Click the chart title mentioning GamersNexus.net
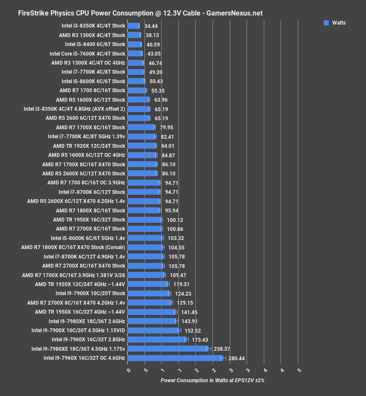coord(140,13)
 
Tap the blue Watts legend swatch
coord(326,23)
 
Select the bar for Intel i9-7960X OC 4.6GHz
coord(176,358)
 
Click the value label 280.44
coord(237,358)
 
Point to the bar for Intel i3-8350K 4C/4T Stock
coord(133,26)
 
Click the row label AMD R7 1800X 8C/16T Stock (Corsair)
coord(73,247)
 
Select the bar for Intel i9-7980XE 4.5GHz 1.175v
coord(168,349)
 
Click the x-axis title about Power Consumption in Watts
coord(213,380)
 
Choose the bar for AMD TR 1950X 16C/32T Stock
coord(145,220)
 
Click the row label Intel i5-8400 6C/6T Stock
coord(95,44)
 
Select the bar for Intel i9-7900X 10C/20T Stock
coord(149,293)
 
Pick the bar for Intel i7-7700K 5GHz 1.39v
coord(142,137)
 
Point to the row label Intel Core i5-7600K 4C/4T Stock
coord(87,54)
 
